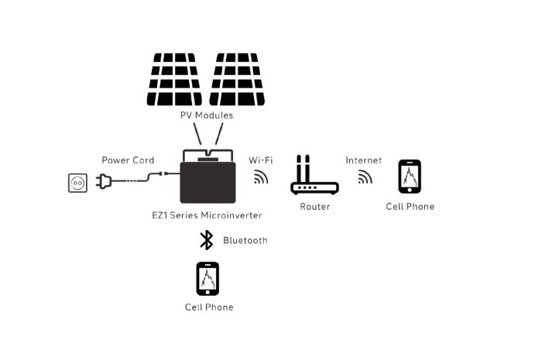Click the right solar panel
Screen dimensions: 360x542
[237, 79]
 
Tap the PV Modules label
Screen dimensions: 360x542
[206, 115]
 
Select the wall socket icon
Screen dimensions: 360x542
[78, 183]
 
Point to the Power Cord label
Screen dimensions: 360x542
[128, 160]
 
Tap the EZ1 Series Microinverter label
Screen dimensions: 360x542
[207, 214]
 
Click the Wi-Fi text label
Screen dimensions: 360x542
[260, 160]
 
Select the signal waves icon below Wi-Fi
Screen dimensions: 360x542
[261, 177]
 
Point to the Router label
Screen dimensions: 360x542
[315, 207]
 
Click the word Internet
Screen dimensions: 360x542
[363, 160]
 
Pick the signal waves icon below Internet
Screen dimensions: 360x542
[365, 177]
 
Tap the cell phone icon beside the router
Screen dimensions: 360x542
[410, 177]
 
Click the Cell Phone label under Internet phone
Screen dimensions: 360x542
[410, 207]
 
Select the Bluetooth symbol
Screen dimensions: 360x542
[207, 240]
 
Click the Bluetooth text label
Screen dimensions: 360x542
[245, 241]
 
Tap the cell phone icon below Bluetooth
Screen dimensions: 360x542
[208, 279]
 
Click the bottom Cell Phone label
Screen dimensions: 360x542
[209, 307]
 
